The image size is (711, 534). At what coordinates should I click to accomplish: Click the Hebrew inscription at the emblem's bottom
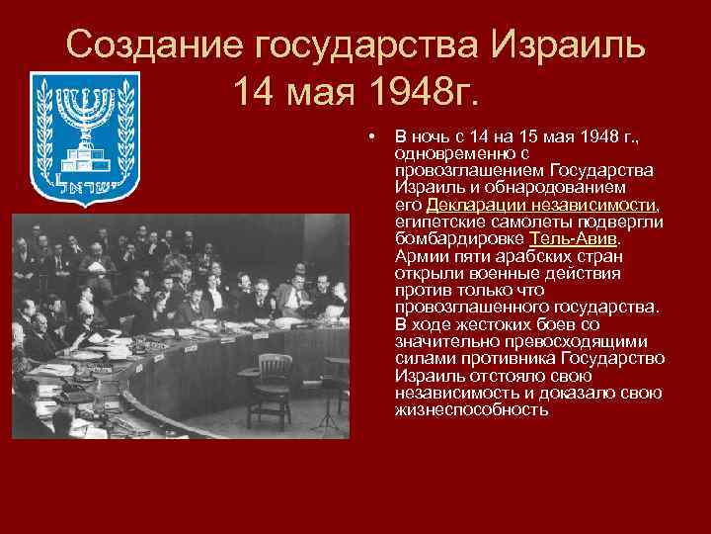(x=85, y=185)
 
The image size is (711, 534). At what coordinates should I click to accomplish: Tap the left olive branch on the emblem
(x=45, y=129)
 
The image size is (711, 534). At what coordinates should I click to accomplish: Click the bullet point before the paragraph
(x=370, y=133)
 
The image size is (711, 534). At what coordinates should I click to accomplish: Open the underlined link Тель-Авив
(x=575, y=238)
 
